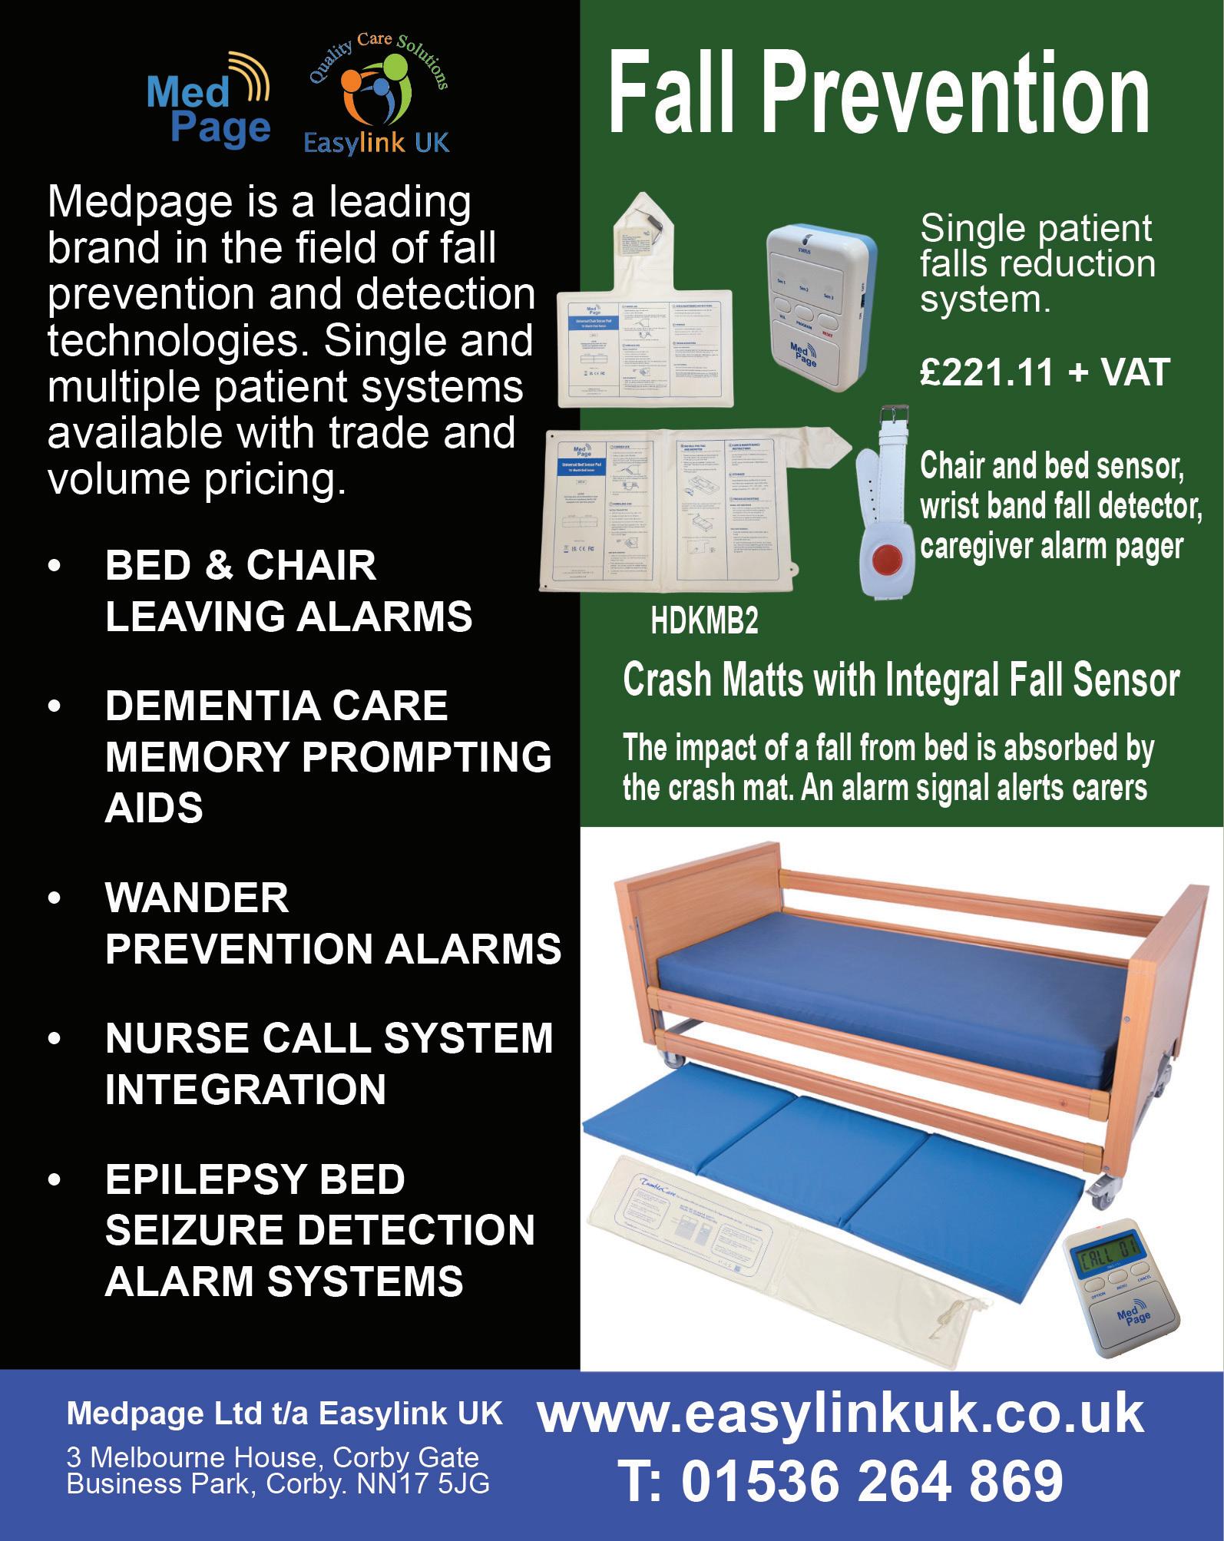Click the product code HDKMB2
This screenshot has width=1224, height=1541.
click(x=704, y=622)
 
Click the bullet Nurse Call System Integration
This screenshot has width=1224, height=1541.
click(x=329, y=1063)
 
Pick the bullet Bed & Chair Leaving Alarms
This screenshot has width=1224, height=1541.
click(x=288, y=591)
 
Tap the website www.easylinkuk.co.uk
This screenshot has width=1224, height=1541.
click(x=840, y=1414)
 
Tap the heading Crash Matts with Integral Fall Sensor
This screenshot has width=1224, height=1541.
click(x=901, y=681)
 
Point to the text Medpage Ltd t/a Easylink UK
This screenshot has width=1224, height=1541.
click(x=284, y=1414)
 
